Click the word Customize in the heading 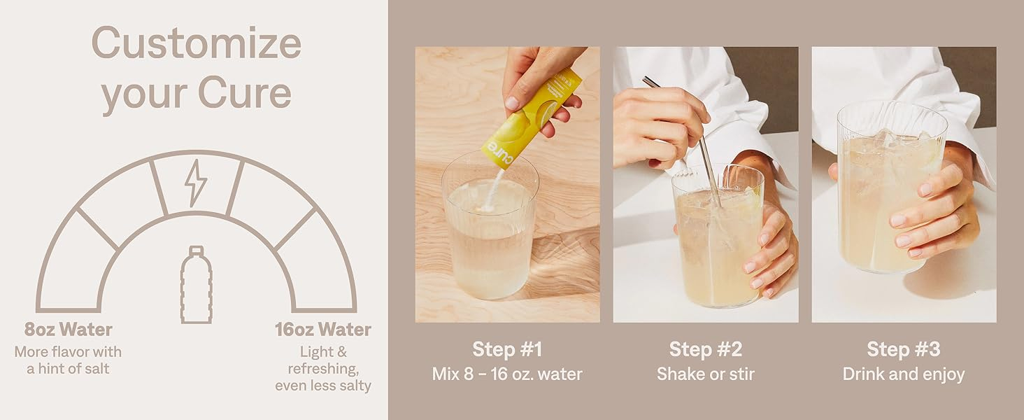197,43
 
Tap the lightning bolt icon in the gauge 196,183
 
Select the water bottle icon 196,285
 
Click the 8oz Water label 68,330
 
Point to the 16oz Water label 323,330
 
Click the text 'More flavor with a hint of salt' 68,360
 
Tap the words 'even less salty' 323,386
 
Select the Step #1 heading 507,349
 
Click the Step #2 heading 706,349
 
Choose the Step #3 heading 904,349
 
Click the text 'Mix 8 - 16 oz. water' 507,374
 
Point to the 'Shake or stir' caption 706,374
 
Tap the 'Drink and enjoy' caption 904,374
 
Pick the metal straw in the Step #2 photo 683,142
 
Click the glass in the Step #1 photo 490,227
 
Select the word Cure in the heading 245,93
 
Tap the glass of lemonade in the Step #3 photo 890,188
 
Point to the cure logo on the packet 501,155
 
